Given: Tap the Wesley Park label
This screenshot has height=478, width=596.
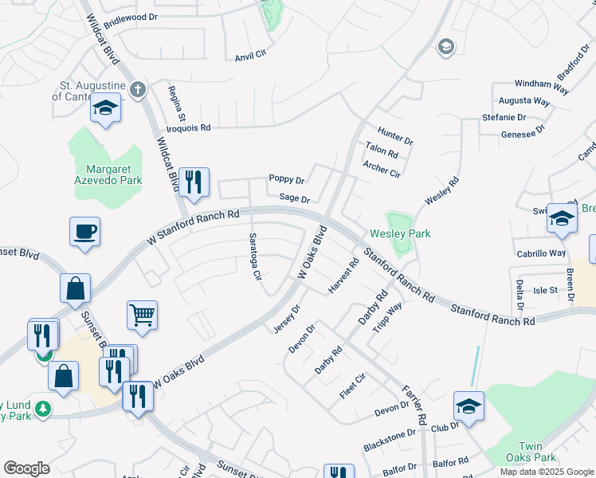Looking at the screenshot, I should point(400,233).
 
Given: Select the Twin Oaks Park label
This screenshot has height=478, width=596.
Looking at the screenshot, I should point(535,452).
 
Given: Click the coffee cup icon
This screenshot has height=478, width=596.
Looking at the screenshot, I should point(84,232).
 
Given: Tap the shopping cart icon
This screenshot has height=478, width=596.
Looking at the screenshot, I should point(142,315).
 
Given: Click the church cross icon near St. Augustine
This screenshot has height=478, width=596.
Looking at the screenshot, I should point(138,89).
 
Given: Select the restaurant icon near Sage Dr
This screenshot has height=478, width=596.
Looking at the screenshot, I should point(194,182).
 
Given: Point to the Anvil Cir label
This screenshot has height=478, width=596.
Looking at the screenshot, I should point(249,57).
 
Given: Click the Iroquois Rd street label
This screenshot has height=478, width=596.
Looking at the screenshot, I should point(188,127).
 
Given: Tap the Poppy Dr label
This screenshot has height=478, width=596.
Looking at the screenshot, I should point(287,180).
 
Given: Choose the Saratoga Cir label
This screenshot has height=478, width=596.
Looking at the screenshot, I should point(255,257).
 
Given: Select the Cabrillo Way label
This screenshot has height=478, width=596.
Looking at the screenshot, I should point(539,253).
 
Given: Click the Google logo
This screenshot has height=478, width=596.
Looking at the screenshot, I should point(26,468).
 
